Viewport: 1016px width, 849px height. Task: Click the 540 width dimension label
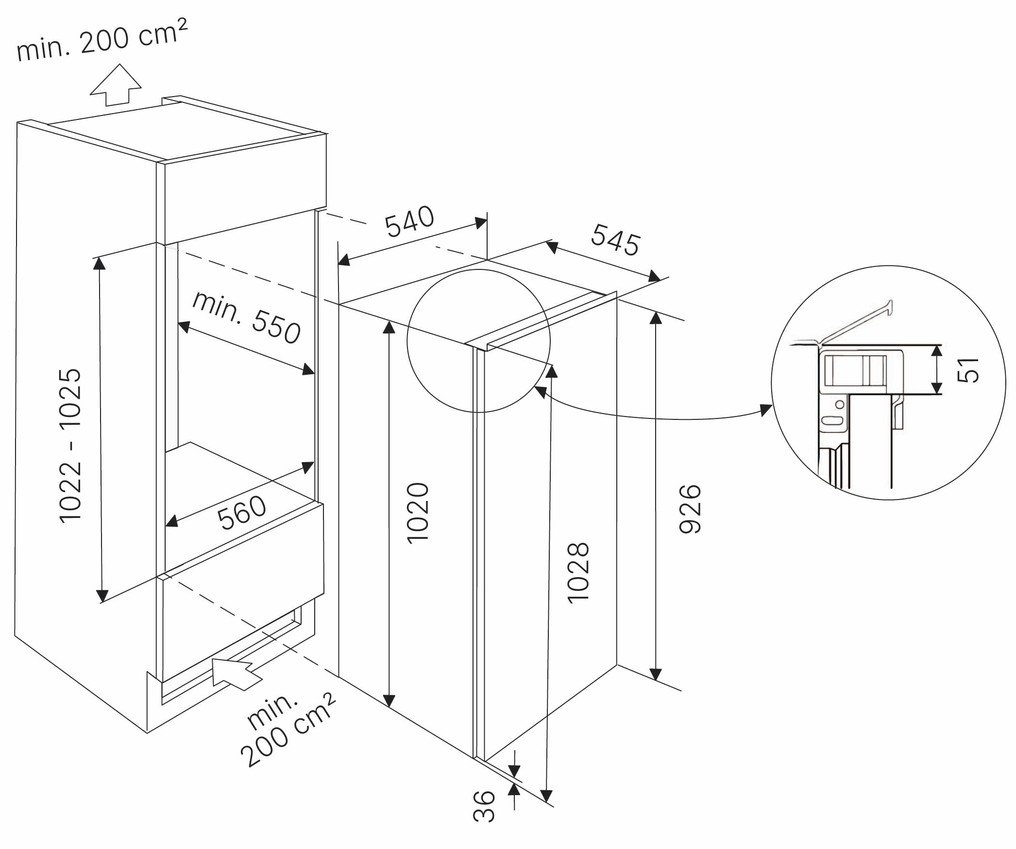pos(409,222)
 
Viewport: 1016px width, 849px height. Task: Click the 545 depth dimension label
pos(615,239)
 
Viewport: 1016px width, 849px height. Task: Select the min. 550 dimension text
pos(246,317)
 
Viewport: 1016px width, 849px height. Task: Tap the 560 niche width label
pos(241,513)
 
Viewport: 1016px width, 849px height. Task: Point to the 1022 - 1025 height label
pos(70,445)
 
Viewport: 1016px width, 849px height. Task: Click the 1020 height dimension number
pos(418,513)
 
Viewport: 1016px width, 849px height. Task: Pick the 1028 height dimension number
pos(578,573)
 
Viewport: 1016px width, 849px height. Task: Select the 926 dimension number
pos(690,509)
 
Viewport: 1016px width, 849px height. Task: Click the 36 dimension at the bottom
pos(484,806)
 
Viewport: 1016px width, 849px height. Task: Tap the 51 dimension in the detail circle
pos(968,370)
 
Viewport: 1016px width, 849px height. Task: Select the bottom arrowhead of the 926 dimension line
pos(656,674)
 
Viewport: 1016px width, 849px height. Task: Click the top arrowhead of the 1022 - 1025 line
pos(99,263)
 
